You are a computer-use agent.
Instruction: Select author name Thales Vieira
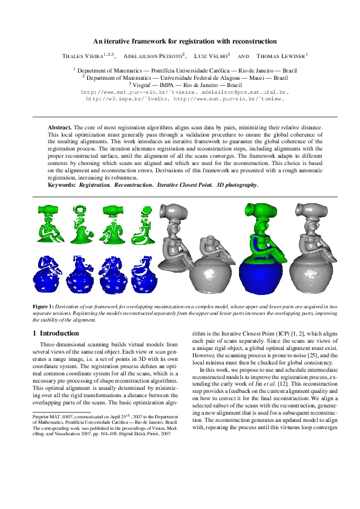[85, 56]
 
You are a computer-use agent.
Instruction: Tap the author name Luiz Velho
[211, 56]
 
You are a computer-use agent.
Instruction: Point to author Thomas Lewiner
[282, 56]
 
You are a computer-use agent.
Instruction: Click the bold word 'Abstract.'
[60, 128]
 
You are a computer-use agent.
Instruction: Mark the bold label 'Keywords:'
[62, 185]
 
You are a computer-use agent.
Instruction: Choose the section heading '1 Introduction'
[55, 334]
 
